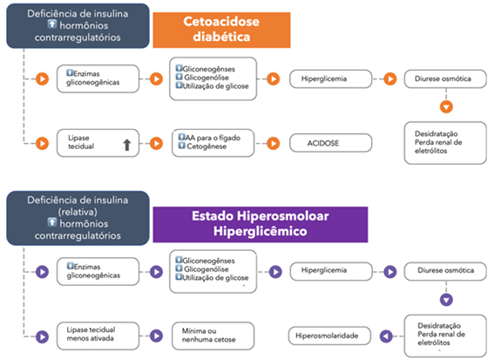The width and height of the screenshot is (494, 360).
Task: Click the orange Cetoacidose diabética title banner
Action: click(x=221, y=30)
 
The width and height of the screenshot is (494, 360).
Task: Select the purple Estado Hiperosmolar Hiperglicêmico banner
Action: click(x=261, y=224)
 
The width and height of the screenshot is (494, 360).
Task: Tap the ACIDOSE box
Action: click(x=331, y=143)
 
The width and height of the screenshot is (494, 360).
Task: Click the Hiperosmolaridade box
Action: click(x=329, y=336)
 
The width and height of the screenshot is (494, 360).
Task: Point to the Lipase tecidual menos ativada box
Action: click(x=98, y=336)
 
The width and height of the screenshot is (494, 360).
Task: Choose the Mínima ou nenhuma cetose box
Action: click(x=213, y=336)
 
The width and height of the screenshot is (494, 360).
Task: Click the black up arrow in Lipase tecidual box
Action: click(x=127, y=145)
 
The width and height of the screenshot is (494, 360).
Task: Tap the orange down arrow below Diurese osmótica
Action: click(x=446, y=106)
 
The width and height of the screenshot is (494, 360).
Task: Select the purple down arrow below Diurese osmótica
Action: click(x=446, y=300)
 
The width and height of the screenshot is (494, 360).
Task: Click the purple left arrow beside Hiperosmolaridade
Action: click(x=386, y=336)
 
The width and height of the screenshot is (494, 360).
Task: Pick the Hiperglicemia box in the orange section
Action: click(x=331, y=78)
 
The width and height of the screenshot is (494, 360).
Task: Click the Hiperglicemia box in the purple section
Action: click(x=331, y=271)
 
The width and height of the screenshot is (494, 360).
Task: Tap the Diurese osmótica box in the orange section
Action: click(x=445, y=78)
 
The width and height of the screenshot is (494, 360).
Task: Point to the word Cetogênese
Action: click(x=206, y=146)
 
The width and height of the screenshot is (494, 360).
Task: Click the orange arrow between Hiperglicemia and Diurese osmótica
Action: click(x=390, y=78)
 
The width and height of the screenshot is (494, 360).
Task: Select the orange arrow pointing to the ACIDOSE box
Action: click(x=274, y=144)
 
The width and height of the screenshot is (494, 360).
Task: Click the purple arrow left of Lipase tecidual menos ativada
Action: click(x=42, y=336)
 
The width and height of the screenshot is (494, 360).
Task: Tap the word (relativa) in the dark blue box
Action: click(x=78, y=212)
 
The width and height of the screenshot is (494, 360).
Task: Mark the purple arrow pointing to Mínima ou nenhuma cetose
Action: click(x=156, y=336)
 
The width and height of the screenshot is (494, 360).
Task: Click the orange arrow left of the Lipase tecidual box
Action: click(x=42, y=144)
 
